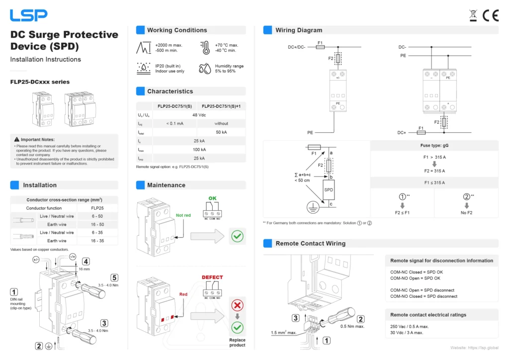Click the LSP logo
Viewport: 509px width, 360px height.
point(29,15)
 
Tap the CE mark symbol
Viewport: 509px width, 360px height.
point(491,15)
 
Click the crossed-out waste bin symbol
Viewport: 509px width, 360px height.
point(473,15)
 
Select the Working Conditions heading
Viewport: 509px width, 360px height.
point(177,30)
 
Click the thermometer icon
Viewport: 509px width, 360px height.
point(205,48)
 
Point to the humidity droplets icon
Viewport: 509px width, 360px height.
point(205,69)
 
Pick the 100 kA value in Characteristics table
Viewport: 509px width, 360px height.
point(199,150)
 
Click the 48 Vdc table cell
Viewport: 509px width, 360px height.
point(199,115)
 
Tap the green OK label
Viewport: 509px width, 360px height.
point(212,198)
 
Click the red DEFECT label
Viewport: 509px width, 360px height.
point(212,277)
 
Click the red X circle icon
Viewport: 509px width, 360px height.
point(237,305)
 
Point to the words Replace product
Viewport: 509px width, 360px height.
point(237,343)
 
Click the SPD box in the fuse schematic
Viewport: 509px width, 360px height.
point(329,189)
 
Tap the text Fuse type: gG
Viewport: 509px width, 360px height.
point(434,146)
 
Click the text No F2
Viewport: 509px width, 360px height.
point(466,213)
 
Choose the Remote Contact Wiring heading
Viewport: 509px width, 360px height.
point(310,244)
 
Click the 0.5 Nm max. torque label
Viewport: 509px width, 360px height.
point(352,327)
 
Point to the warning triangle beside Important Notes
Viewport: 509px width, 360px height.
point(17,140)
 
